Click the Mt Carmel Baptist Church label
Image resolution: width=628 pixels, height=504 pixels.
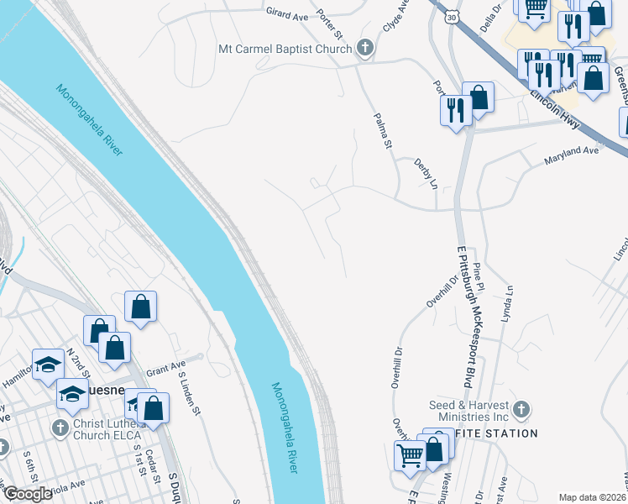point(284,49)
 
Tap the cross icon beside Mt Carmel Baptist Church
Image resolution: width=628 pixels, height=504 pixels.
point(364,49)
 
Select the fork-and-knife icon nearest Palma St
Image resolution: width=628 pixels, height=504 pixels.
point(455,110)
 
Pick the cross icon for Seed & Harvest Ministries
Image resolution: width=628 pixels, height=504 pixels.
point(521,410)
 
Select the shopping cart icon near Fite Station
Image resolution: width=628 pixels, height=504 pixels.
point(410,455)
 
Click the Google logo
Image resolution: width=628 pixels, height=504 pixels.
point(28,494)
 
